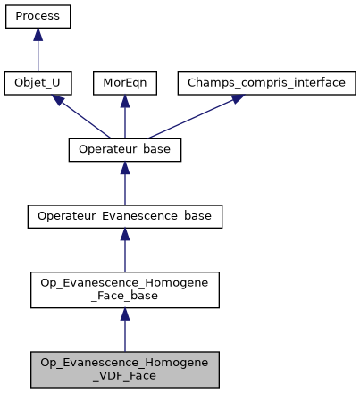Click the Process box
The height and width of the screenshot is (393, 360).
pyautogui.click(x=38, y=17)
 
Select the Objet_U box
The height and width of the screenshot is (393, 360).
pyautogui.click(x=38, y=84)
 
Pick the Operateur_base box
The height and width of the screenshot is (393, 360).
pyautogui.click(x=125, y=150)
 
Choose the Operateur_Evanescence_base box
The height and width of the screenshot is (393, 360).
pyautogui.click(x=125, y=216)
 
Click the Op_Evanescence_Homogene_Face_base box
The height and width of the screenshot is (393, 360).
pyautogui.click(x=125, y=289)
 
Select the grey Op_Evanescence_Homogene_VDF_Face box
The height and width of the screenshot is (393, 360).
pyautogui.click(x=125, y=368)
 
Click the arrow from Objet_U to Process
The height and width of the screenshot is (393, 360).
pyautogui.click(x=38, y=52)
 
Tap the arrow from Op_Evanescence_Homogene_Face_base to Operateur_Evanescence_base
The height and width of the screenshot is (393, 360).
pyautogui.click(x=125, y=252)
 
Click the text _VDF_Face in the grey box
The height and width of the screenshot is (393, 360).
pyautogui.click(x=125, y=374)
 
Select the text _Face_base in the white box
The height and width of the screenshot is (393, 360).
pyautogui.click(x=125, y=296)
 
